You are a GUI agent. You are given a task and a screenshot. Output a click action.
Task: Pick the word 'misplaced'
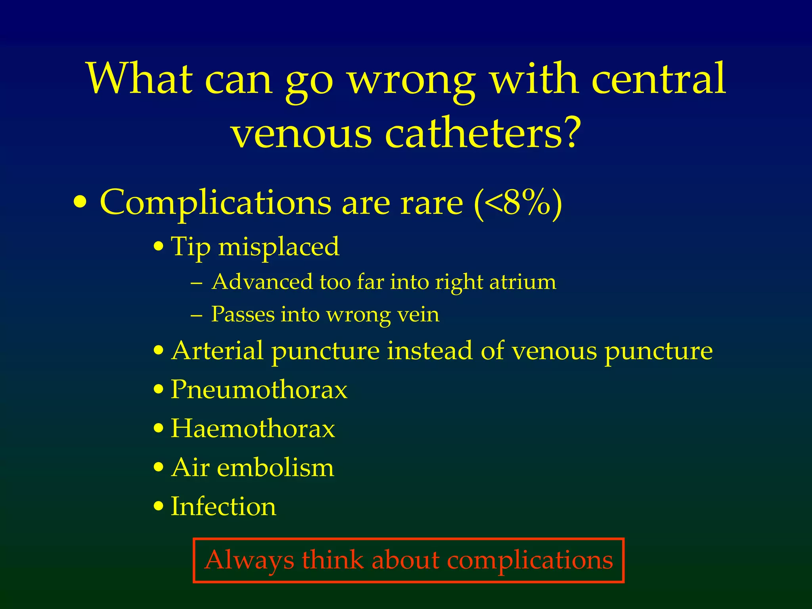pos(279,247)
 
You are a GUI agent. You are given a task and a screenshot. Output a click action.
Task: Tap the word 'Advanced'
pos(262,282)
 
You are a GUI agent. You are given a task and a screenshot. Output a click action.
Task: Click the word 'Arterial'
pos(217,351)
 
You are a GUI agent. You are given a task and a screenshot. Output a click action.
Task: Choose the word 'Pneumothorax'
pos(259,389)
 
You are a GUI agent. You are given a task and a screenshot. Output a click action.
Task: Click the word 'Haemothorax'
pos(253,429)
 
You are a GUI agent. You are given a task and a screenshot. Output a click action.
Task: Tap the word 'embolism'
pos(276,467)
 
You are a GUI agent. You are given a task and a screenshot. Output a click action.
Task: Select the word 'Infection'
pos(223,506)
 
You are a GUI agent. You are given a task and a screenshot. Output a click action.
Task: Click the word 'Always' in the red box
pos(249,560)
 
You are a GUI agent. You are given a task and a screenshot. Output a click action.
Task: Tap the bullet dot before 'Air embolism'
pos(159,468)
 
